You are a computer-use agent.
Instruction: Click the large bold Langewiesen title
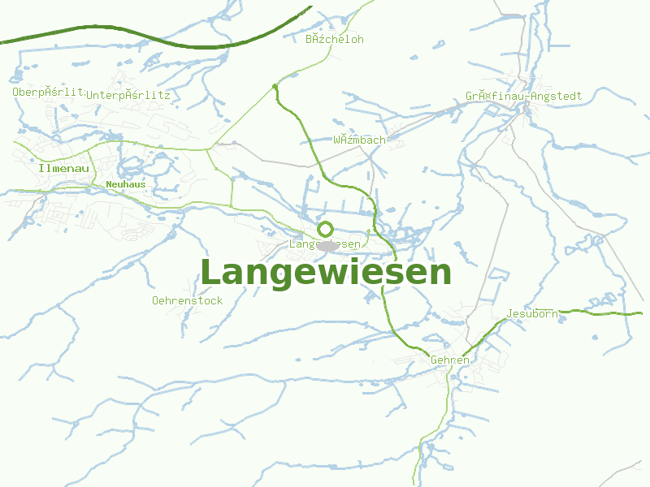[x=325, y=273]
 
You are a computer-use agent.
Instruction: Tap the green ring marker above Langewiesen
[x=326, y=229]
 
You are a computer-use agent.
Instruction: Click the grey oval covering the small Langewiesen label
[x=327, y=245]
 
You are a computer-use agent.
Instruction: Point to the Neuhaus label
[x=126, y=184]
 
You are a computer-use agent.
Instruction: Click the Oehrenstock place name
[x=187, y=300]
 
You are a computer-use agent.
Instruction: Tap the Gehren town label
[x=450, y=360]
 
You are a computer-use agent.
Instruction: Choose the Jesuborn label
[x=531, y=313]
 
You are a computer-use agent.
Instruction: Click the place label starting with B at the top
[x=334, y=39]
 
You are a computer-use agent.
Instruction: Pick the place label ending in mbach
[x=359, y=140]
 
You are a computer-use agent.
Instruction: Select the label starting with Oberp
[x=48, y=92]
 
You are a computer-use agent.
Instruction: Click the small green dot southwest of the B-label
[x=275, y=85]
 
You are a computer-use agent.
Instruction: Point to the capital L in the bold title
[x=210, y=273]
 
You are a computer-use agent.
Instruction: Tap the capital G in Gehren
[x=434, y=360]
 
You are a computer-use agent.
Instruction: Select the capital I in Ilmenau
[x=41, y=168]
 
